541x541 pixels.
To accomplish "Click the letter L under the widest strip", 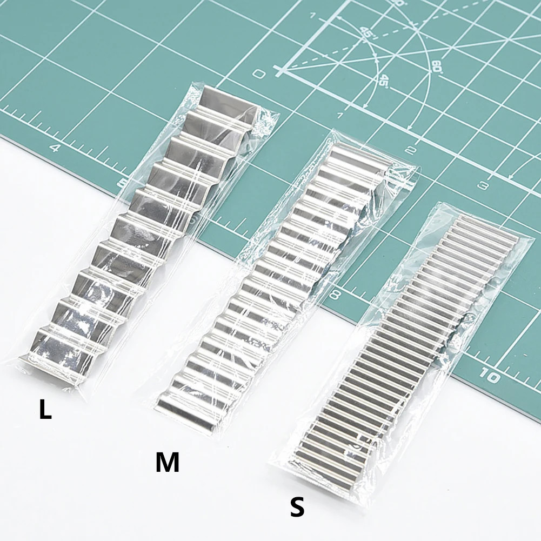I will click(x=45, y=410).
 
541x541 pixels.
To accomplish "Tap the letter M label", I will click(x=167, y=463).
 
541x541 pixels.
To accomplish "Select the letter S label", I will click(x=297, y=507).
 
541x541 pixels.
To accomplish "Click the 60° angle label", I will click(x=436, y=66).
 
